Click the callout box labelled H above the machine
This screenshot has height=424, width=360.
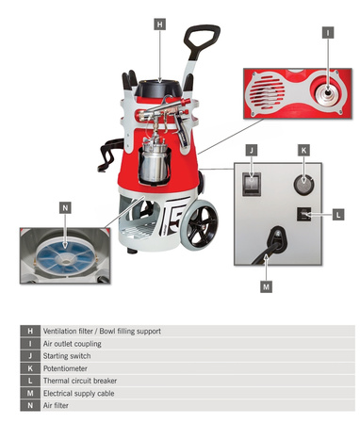(x=160, y=24)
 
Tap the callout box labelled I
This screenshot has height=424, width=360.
(x=328, y=33)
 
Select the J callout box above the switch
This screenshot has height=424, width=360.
(x=252, y=150)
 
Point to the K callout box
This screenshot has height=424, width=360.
(x=303, y=150)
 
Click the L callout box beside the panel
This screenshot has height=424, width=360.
(x=338, y=215)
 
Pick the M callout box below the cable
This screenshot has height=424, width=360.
(x=267, y=286)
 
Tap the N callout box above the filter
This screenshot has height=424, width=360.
(x=65, y=208)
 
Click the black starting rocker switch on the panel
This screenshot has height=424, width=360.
(x=252, y=184)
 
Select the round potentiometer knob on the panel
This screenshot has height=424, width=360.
(x=303, y=185)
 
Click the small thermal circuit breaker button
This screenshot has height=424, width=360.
(x=303, y=214)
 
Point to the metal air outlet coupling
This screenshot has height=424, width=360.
(x=328, y=93)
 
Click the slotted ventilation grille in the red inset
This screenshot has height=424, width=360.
(x=268, y=92)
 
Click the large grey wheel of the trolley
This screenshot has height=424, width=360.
(x=200, y=225)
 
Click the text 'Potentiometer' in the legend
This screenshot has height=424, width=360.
(x=65, y=368)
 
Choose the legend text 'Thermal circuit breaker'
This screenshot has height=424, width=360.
(x=80, y=381)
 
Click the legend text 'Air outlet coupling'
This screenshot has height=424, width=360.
(x=73, y=344)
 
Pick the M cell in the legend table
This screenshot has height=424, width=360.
(x=30, y=393)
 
